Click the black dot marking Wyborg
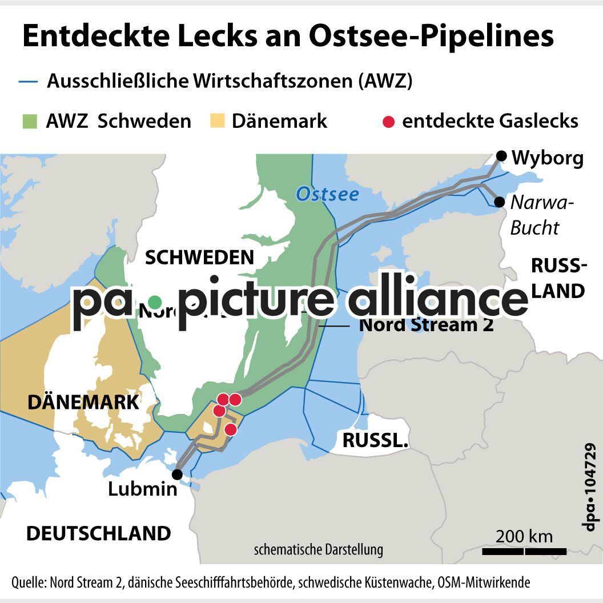coord(501,156)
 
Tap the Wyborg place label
coord(548,158)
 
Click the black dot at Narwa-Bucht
coord(500,202)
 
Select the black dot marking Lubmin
coord(178,474)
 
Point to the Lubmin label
coord(143,489)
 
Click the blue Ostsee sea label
coord(327,194)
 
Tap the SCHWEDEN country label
coord(199,258)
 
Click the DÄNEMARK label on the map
coord(83,402)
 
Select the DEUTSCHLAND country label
coord(99,533)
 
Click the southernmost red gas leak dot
coord(231,429)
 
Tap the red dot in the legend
coord(388,122)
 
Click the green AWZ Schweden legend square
coord(30,122)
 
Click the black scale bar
coord(524,551)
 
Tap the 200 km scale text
coord(524,536)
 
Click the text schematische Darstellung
coord(319,550)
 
